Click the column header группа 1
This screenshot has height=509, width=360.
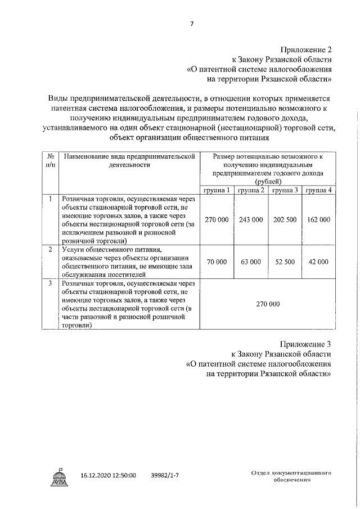click(217, 190)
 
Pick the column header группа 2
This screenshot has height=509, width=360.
click(251, 190)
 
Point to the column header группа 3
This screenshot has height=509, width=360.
click(284, 190)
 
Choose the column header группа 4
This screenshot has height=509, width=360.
click(318, 190)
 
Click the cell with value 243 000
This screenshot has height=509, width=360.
click(251, 219)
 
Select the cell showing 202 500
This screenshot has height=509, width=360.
click(284, 219)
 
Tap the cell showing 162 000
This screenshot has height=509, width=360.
click(318, 219)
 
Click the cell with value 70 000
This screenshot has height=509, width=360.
click(217, 262)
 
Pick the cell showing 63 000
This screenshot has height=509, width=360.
click(251, 262)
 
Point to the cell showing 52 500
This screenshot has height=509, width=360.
click(284, 262)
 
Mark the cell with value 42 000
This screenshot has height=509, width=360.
click(318, 262)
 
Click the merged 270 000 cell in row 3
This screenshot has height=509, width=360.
click(268, 304)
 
